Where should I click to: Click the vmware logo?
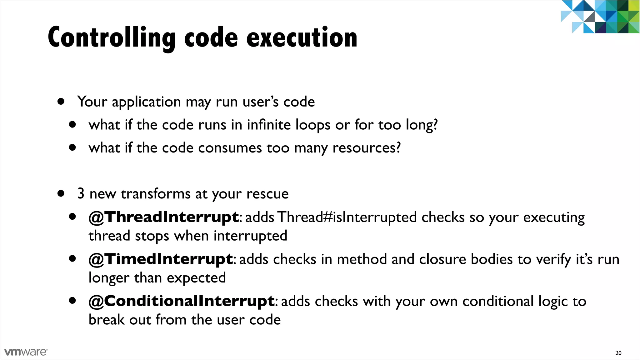[26, 352]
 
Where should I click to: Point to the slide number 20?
[618, 353]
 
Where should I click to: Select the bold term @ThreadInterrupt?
[164, 217]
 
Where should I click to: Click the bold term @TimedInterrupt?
[161, 259]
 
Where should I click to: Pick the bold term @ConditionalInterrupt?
[182, 301]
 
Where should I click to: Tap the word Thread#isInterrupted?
[347, 217]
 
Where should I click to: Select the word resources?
[367, 148]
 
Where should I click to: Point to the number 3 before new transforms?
[81, 194]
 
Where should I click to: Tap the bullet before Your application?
[61, 102]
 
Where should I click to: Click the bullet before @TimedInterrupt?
[72, 259]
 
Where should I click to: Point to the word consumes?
[230, 148]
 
